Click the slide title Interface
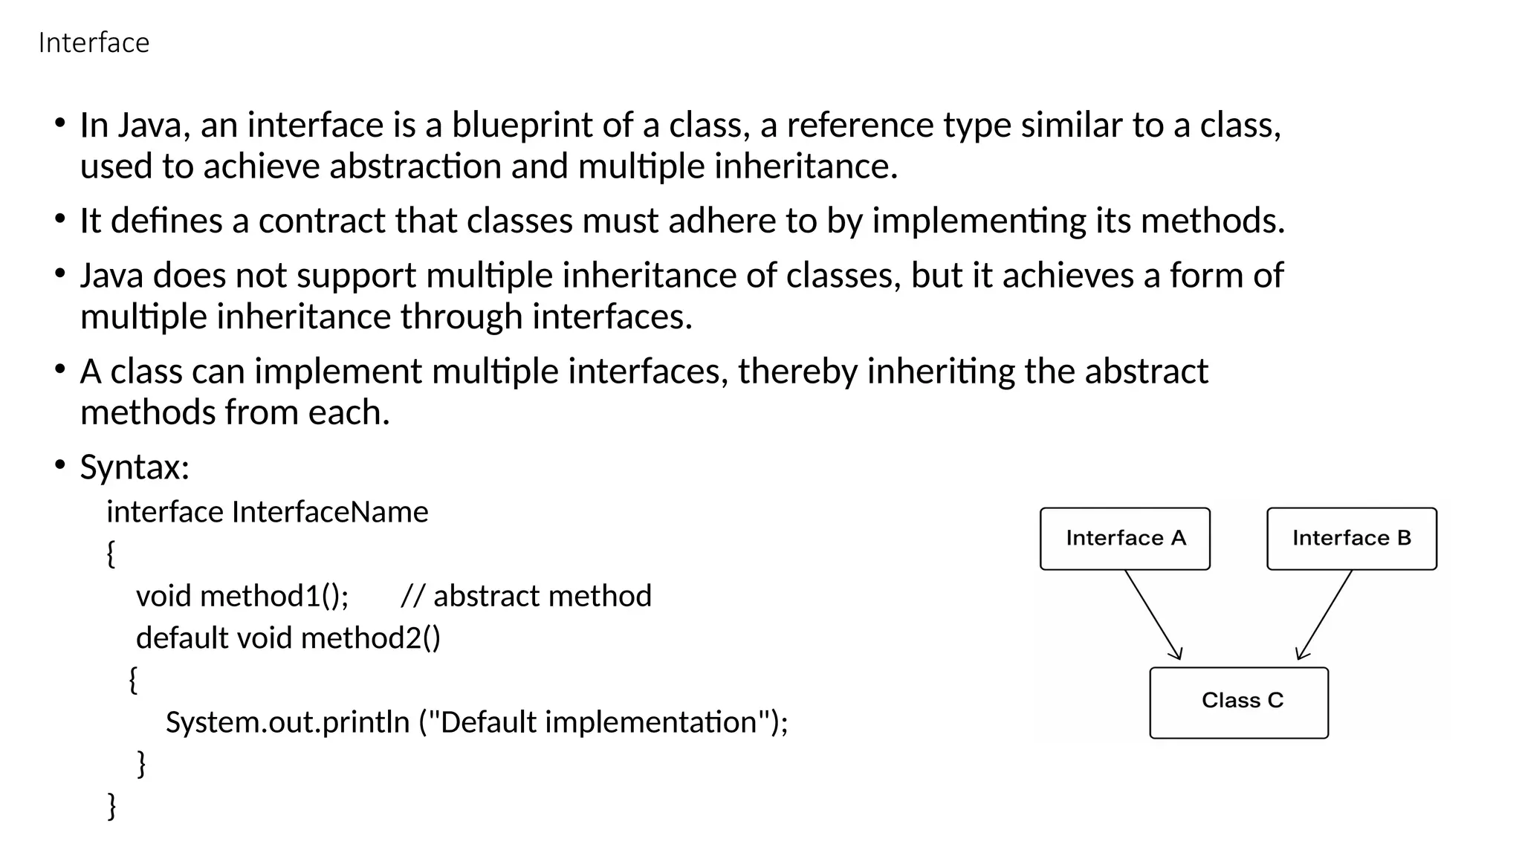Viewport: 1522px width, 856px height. pos(94,43)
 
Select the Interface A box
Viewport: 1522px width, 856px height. pos(1124,539)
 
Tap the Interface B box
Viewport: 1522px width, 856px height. pos(1351,539)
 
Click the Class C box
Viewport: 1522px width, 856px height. pos(1239,702)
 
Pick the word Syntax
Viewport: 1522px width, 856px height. pos(135,467)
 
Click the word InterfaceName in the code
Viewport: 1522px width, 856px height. pos(330,512)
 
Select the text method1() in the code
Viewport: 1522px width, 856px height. pos(274,596)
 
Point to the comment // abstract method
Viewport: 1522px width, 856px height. pos(526,596)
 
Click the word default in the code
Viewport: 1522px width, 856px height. pos(182,638)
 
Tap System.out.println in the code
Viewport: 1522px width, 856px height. pos(288,722)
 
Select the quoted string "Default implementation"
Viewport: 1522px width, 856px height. pos(599,722)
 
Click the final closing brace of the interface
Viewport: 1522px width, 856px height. pos(112,805)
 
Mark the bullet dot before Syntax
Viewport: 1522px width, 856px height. pos(60,466)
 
